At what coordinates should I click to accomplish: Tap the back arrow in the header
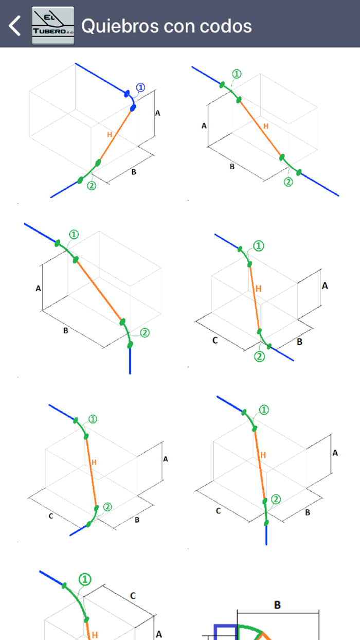pyautogui.click(x=14, y=26)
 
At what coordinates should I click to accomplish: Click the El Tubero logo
pyautogui.click(x=53, y=26)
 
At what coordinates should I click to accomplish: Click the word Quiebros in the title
pyautogui.click(x=120, y=26)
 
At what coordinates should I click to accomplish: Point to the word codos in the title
pyautogui.click(x=226, y=26)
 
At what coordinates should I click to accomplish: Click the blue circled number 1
pyautogui.click(x=140, y=87)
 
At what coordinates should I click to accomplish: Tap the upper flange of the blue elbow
pyautogui.click(x=127, y=94)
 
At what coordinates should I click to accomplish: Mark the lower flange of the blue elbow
pyautogui.click(x=133, y=108)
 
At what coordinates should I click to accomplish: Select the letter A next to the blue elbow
pyautogui.click(x=158, y=113)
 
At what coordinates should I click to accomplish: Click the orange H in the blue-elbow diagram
pyautogui.click(x=110, y=135)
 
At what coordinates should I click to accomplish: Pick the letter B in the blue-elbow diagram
pyautogui.click(x=134, y=172)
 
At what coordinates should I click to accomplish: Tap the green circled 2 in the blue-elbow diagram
pyautogui.click(x=92, y=186)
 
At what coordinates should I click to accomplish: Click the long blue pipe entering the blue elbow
pyautogui.click(x=101, y=78)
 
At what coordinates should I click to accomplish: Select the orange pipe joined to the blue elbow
pyautogui.click(x=115, y=135)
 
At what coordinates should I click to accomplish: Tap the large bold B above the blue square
pyautogui.click(x=277, y=605)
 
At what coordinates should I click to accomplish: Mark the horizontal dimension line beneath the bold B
pyautogui.click(x=278, y=613)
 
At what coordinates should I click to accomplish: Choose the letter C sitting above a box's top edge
pyautogui.click(x=133, y=596)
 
